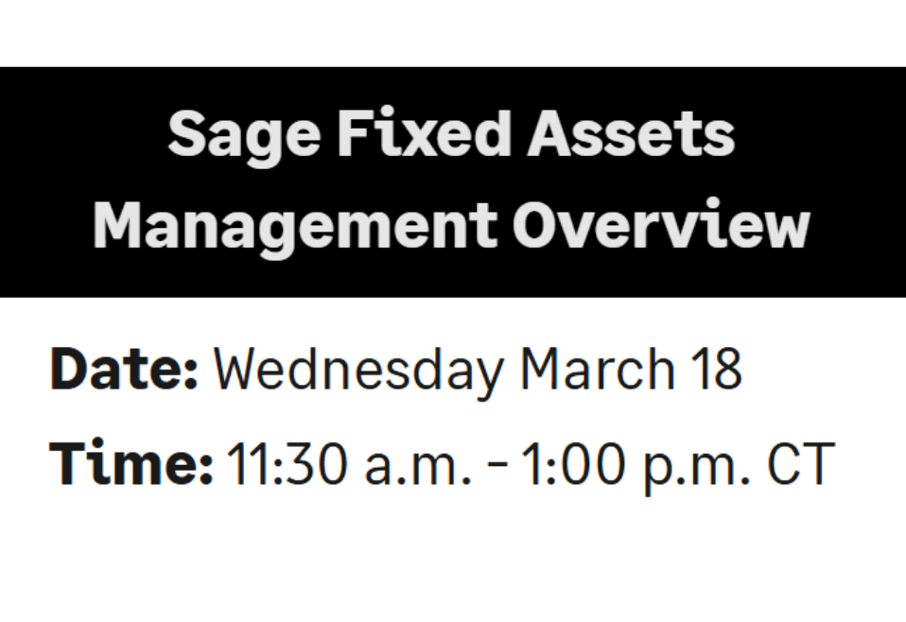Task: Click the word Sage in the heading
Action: coord(244,136)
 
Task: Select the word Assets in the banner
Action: coord(631,133)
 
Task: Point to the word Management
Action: coord(295,227)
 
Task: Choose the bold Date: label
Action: coord(124,369)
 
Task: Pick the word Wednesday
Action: coord(358,371)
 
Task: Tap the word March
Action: coord(598,369)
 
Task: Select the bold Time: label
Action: coord(131,461)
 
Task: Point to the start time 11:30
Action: coord(287,462)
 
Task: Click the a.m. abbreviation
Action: coord(418,468)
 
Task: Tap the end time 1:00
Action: coord(573,462)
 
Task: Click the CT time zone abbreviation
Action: coord(801,462)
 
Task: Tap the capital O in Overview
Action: coord(537,225)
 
